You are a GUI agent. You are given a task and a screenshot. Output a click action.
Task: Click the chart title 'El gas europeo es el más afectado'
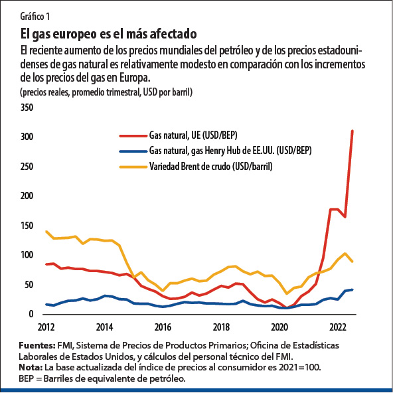110,33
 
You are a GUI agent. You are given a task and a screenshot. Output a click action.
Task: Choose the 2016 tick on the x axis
163,327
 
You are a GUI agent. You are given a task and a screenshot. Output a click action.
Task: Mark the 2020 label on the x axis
279,327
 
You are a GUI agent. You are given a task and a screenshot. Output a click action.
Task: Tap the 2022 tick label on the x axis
337,327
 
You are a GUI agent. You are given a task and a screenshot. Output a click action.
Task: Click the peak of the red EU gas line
353,131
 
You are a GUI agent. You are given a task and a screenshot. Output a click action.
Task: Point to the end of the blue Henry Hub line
352,289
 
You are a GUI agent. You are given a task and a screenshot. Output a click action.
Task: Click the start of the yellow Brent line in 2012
46,232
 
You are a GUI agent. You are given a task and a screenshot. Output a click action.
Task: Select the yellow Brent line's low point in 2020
287,293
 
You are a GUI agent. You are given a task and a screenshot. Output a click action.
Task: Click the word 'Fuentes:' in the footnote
39,345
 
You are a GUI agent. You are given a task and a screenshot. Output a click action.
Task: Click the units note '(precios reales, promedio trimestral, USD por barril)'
106,92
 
